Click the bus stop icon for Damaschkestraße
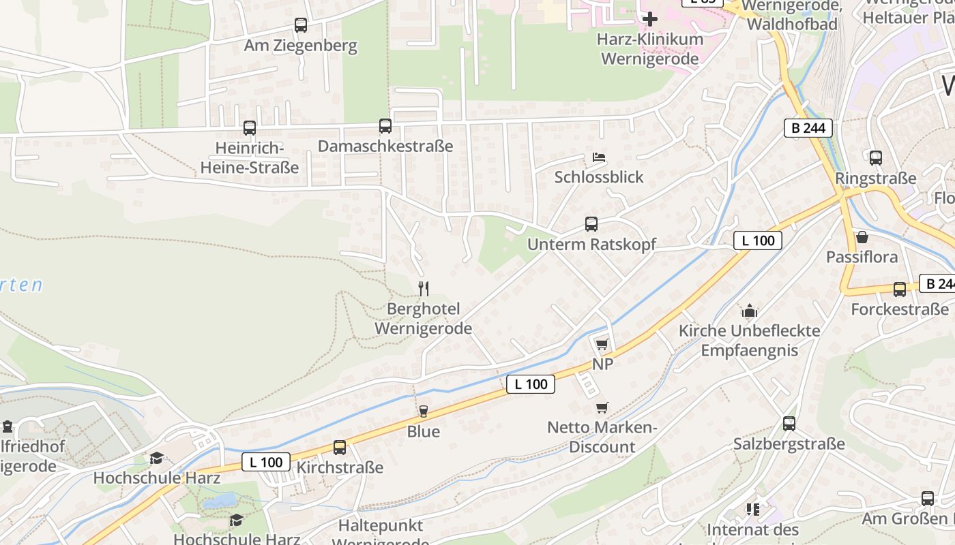click(385, 126)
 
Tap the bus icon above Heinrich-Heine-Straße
click(250, 127)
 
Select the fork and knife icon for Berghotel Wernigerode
click(423, 288)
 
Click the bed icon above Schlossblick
click(599, 157)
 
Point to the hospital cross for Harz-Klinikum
click(650, 18)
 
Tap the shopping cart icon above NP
click(602, 344)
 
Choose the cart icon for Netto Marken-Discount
click(602, 407)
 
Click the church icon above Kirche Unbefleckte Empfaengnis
click(750, 311)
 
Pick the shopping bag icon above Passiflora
click(862, 237)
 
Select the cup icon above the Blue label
click(423, 411)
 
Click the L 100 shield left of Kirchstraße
click(266, 462)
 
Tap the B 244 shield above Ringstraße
click(808, 127)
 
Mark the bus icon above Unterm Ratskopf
click(591, 223)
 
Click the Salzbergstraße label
click(789, 444)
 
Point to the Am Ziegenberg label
click(301, 46)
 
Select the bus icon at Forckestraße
click(900, 289)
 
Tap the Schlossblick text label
click(599, 177)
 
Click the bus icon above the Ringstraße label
click(876, 158)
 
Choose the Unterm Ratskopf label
click(591, 244)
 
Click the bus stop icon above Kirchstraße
click(340, 448)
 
